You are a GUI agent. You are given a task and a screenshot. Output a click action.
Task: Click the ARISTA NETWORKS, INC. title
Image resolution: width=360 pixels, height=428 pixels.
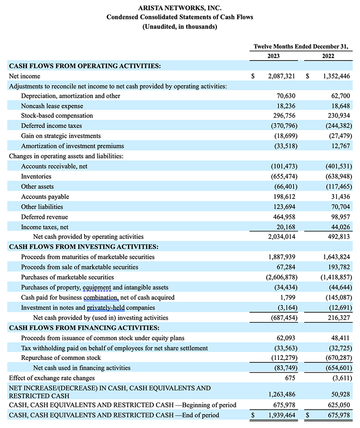(x=180, y=8)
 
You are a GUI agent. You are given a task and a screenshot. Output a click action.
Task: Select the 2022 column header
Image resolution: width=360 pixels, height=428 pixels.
(x=328, y=56)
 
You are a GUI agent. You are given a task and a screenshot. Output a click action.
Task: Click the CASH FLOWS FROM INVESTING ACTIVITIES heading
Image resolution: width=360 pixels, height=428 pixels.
(x=84, y=247)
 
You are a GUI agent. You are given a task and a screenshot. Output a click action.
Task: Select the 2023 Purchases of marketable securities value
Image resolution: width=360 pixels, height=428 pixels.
(x=279, y=277)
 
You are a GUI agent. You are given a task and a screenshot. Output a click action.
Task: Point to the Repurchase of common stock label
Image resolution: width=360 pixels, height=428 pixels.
(x=61, y=358)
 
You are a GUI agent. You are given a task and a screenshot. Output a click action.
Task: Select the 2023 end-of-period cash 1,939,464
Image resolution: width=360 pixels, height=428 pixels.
(x=281, y=415)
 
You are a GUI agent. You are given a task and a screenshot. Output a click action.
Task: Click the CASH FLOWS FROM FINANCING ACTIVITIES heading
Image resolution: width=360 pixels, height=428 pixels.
(x=84, y=328)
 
